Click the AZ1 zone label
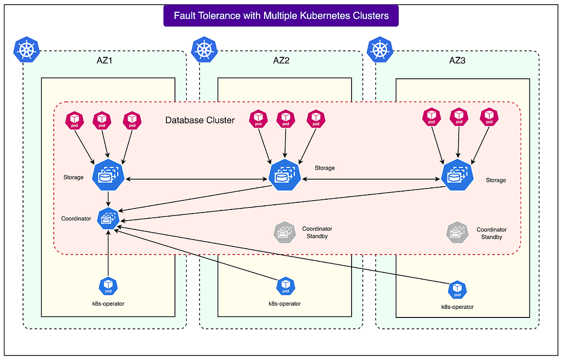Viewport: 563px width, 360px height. [104, 60]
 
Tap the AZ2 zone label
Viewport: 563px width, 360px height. [281, 60]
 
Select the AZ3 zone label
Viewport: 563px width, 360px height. [458, 60]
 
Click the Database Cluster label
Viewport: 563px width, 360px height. [200, 120]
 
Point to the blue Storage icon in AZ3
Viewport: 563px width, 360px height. [457, 175]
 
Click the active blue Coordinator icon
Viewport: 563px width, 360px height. [108, 218]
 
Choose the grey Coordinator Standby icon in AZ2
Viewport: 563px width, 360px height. [285, 232]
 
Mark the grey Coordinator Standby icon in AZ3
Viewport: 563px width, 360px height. [457, 232]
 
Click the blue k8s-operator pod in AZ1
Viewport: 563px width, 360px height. [108, 285]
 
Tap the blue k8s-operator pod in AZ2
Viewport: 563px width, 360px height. [285, 286]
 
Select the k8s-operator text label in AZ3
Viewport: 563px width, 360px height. [458, 307]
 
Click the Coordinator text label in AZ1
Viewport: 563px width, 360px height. [76, 219]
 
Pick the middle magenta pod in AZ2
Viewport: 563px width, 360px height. [285, 119]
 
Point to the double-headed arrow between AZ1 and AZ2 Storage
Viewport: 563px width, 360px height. [197, 179]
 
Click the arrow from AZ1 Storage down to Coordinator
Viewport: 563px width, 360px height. [108, 198]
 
